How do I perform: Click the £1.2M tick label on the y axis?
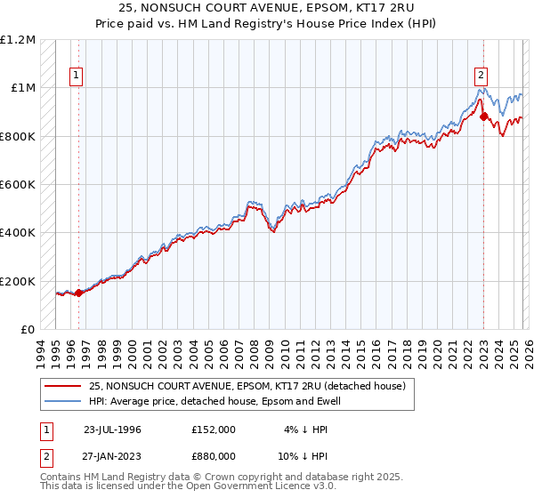pyautogui.click(x=18, y=40)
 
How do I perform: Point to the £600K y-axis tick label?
pyautogui.click(x=18, y=185)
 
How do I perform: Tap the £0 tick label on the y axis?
pyautogui.click(x=28, y=330)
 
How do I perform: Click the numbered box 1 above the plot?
pyautogui.click(x=77, y=76)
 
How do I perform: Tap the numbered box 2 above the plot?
pyautogui.click(x=481, y=76)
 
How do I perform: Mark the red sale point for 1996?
pyautogui.click(x=78, y=293)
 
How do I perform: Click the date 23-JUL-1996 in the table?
pyautogui.click(x=112, y=429)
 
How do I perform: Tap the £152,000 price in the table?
pyautogui.click(x=214, y=429)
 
